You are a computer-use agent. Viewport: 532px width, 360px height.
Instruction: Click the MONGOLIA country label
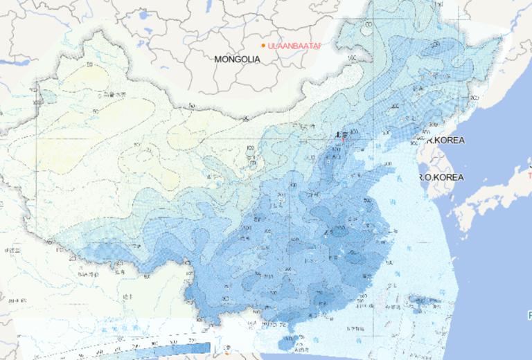click(x=237, y=60)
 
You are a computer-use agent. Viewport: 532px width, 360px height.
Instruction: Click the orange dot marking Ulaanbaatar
click(x=263, y=46)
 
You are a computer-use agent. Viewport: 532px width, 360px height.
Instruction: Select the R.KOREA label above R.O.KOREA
click(x=445, y=140)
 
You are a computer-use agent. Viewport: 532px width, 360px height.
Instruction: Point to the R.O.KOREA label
click(x=441, y=177)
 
